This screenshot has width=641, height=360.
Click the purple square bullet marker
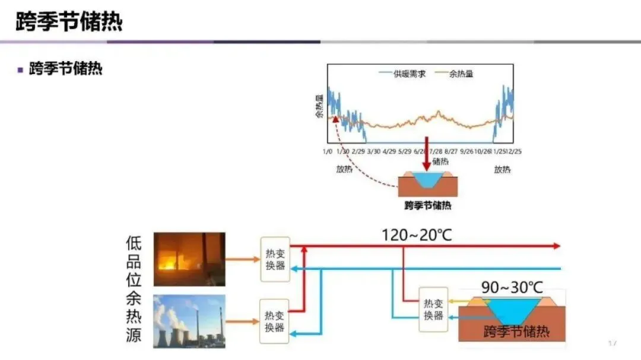coord(20,69)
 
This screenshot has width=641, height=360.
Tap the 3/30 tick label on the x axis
coord(373,151)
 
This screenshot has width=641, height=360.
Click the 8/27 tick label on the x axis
coord(451,151)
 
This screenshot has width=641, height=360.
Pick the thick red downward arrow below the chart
coord(426,157)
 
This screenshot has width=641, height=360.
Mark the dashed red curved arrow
coord(356,160)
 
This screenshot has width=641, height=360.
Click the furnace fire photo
coord(189,259)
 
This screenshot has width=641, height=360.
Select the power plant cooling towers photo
coord(189,321)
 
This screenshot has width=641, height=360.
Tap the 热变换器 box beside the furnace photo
coord(275,259)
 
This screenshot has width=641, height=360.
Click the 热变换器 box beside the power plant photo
coord(275,321)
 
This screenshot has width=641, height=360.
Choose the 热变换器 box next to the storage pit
coord(433,309)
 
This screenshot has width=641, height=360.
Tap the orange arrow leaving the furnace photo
coord(243,259)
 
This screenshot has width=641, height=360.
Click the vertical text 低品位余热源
coord(134,289)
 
